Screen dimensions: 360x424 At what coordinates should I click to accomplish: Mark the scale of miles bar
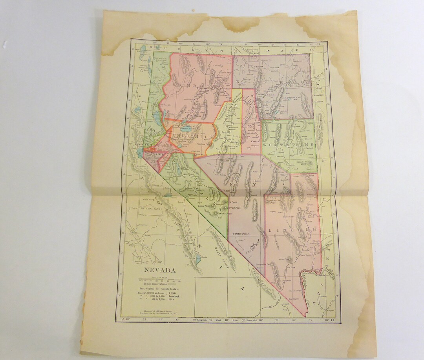pos(159,280)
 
